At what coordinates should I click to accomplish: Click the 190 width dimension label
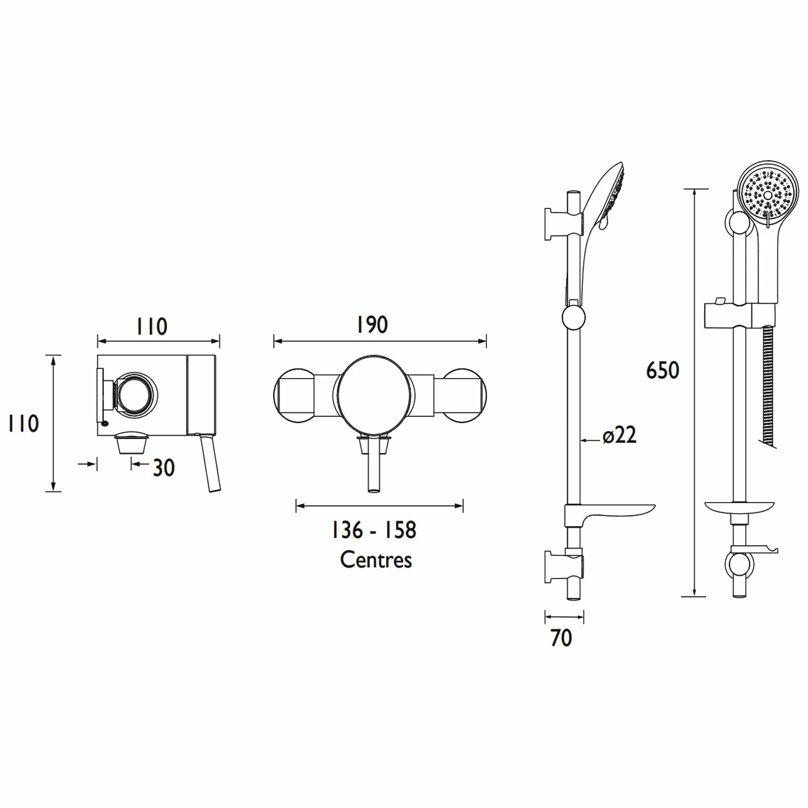[372, 325]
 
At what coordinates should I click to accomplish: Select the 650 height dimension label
[663, 371]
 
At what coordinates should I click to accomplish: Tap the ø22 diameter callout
[619, 435]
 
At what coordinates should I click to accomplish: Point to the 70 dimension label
[561, 638]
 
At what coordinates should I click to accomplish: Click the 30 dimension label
[164, 468]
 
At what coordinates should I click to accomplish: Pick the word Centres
[376, 560]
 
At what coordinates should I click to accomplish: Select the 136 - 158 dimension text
[374, 530]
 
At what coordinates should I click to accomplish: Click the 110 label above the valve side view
[151, 326]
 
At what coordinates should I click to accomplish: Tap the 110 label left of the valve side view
[24, 423]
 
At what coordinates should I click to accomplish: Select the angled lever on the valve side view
[210, 463]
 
